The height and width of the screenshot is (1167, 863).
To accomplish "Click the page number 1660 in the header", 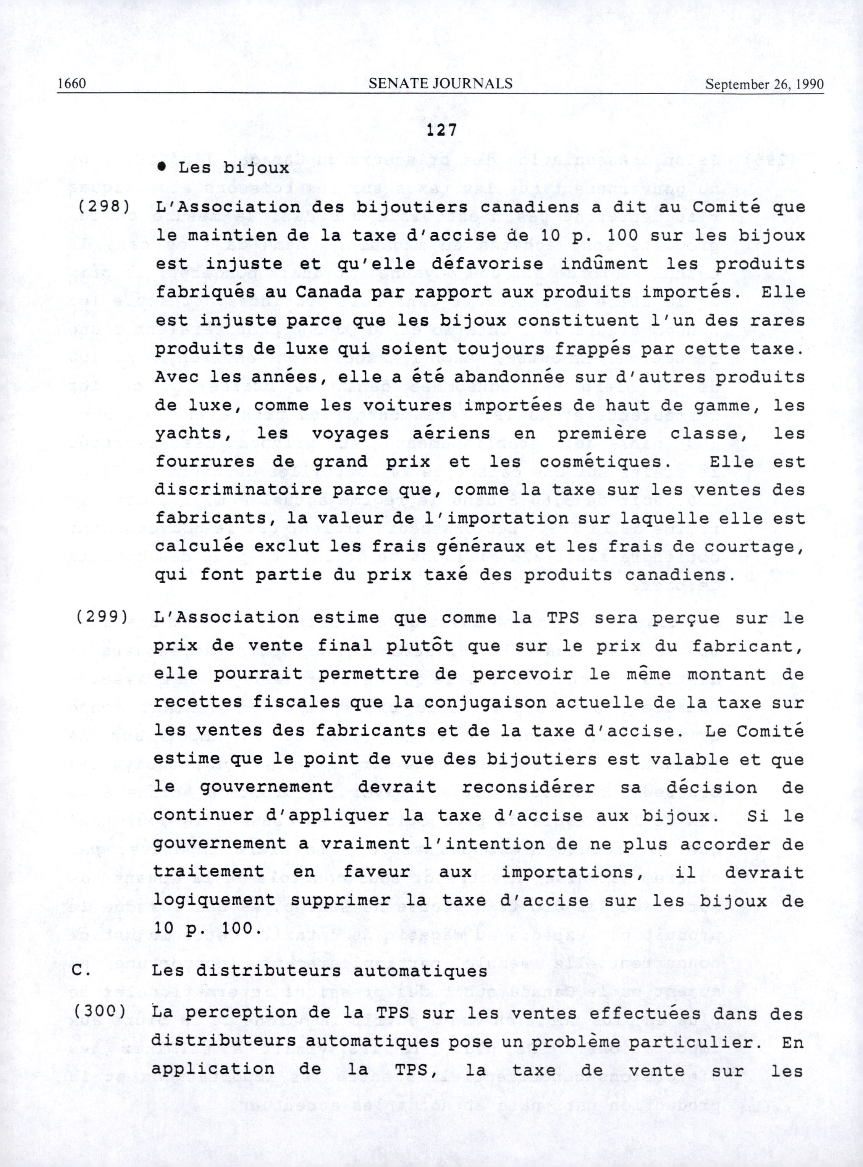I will pos(71,84).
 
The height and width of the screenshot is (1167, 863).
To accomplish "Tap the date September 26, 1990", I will pos(764,84).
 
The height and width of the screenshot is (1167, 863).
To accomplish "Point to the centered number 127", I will pos(441,131).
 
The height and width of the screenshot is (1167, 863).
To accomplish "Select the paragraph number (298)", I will pos(104,206).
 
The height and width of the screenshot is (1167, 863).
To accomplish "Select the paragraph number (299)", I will pos(102,617).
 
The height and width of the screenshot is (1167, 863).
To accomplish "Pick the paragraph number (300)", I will pos(100,1010).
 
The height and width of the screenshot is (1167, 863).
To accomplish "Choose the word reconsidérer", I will pos(528,786).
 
